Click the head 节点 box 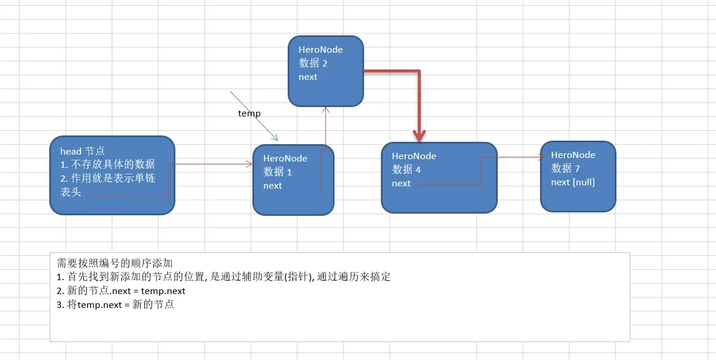[x=112, y=175]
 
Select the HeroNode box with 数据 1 [x=293, y=180]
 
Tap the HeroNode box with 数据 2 [x=325, y=71]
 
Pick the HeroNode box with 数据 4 [x=439, y=178]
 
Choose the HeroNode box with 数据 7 [x=578, y=177]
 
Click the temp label [x=249, y=113]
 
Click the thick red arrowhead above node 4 [x=419, y=136]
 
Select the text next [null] [x=573, y=182]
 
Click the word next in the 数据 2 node [x=308, y=77]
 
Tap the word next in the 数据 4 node [x=401, y=183]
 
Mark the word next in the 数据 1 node [x=273, y=186]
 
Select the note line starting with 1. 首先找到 [x=223, y=277]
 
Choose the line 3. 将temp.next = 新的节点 [x=115, y=304]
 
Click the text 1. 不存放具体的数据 [x=108, y=164]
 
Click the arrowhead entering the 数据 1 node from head [x=250, y=164]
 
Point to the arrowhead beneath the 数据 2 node [x=326, y=109]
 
